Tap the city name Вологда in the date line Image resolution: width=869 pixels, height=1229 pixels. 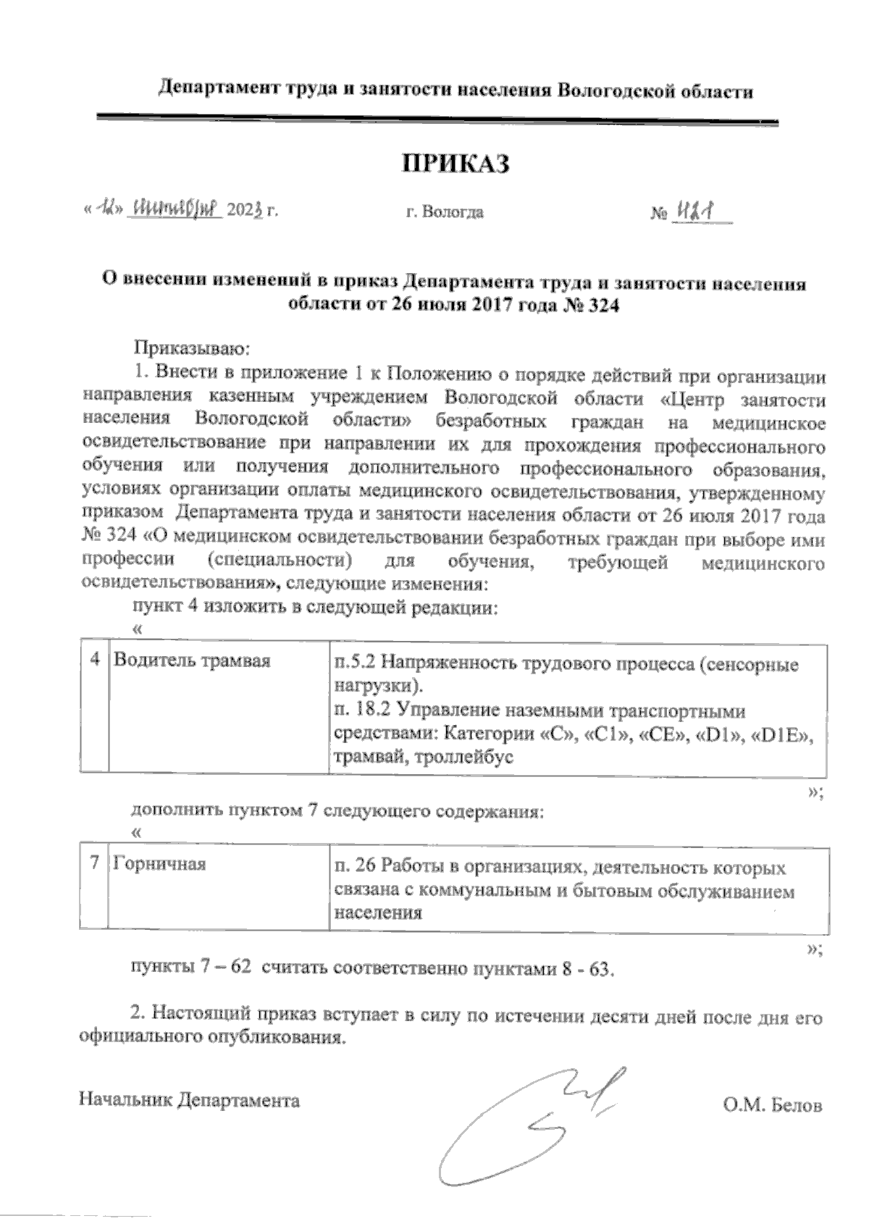(x=453, y=213)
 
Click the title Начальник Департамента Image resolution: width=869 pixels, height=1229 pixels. (x=189, y=1101)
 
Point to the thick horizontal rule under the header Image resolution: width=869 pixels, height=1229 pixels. (x=434, y=118)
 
